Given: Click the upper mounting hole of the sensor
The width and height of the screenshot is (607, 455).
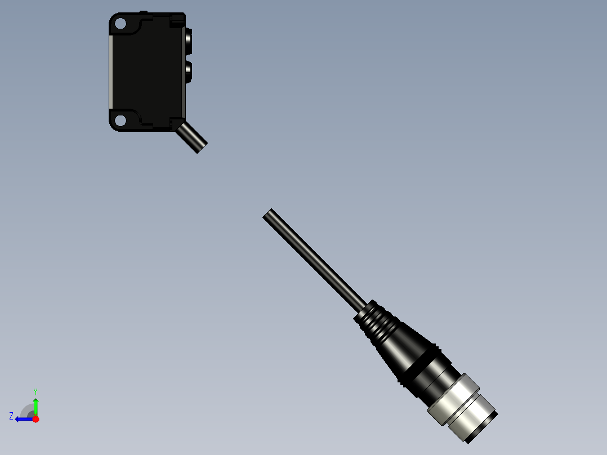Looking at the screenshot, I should [119, 24].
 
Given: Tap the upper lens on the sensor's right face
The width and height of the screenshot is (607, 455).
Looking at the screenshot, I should [188, 39].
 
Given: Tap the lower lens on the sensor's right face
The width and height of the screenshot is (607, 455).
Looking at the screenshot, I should [188, 70].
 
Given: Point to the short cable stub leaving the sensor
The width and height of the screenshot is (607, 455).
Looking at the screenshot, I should [191, 137].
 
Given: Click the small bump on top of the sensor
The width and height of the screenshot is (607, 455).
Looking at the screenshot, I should [144, 12].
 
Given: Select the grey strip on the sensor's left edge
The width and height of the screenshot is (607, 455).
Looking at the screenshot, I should [111, 72].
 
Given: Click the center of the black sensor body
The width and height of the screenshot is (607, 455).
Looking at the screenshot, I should [148, 72].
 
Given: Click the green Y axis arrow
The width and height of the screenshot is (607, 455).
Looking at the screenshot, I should [35, 405].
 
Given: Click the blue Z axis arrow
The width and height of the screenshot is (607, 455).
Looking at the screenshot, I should [23, 419].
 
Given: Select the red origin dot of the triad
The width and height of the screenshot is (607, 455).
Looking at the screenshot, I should [35, 419].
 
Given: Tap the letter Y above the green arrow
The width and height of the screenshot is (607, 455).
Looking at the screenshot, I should [35, 391].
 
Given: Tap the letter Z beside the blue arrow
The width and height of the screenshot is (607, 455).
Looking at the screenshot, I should [11, 416].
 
